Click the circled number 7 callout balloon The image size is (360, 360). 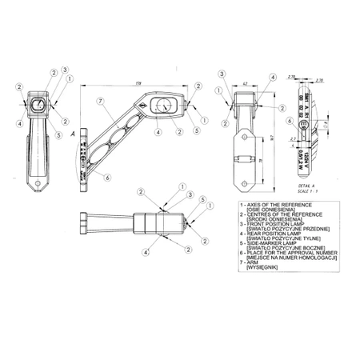click(100, 102)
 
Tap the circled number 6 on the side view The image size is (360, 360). click(108, 177)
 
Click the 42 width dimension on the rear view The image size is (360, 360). click(244, 82)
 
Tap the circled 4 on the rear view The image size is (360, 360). click(273, 77)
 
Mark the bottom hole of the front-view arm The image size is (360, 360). click(38, 187)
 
